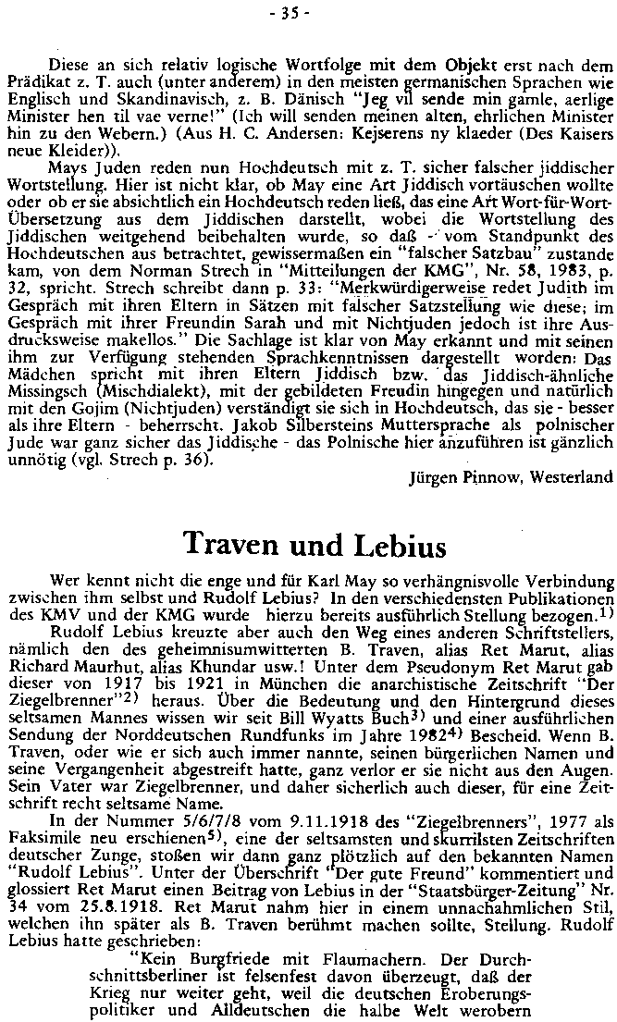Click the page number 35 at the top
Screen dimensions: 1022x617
click(x=308, y=12)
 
